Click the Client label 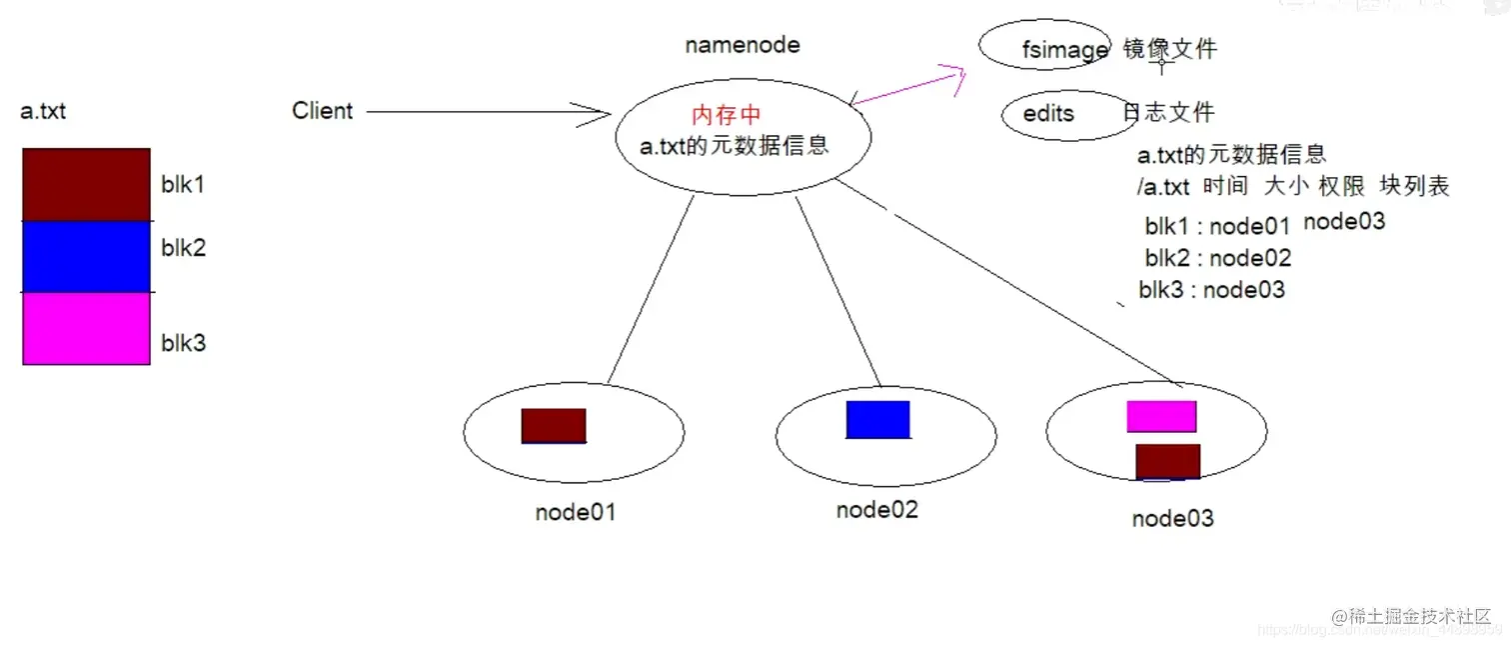pyautogui.click(x=322, y=110)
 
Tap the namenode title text pyautogui.click(x=742, y=45)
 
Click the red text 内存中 pyautogui.click(x=727, y=115)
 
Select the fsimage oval pyautogui.click(x=1045, y=47)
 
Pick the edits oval pyautogui.click(x=1055, y=114)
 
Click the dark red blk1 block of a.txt pyautogui.click(x=86, y=184)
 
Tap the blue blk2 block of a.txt pyautogui.click(x=86, y=256)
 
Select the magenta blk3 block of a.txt pyautogui.click(x=86, y=328)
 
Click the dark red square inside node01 pyautogui.click(x=554, y=425)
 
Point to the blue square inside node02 pyautogui.click(x=877, y=419)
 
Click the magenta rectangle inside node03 pyautogui.click(x=1161, y=416)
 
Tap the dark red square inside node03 pyautogui.click(x=1167, y=461)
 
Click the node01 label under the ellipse pyautogui.click(x=575, y=513)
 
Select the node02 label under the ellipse pyautogui.click(x=876, y=509)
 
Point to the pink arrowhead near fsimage pyautogui.click(x=951, y=76)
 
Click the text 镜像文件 pyautogui.click(x=1169, y=49)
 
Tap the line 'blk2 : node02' pyautogui.click(x=1217, y=258)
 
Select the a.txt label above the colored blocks pyautogui.click(x=43, y=111)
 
